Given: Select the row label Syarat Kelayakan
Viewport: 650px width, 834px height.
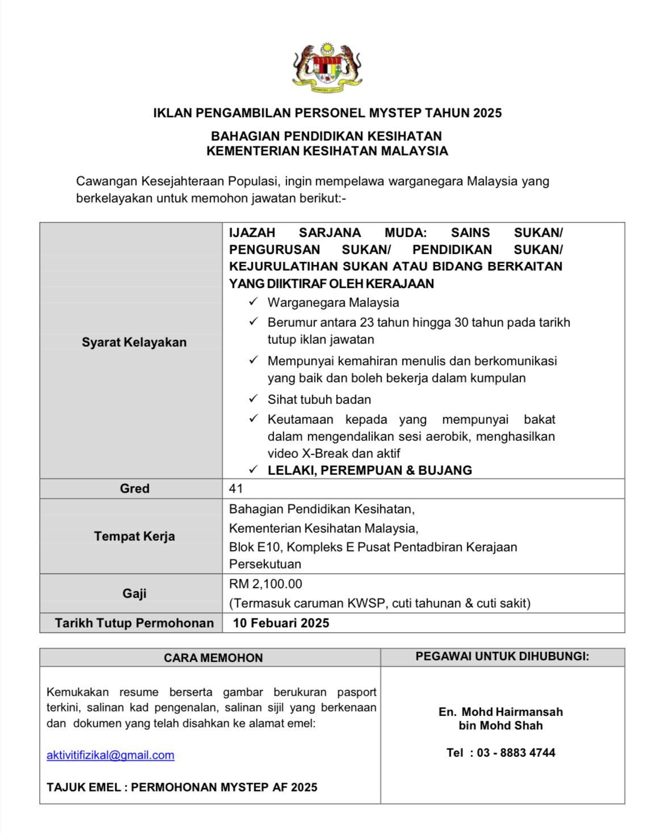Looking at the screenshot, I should click(x=134, y=342).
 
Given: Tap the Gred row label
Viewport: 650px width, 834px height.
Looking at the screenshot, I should click(x=135, y=488).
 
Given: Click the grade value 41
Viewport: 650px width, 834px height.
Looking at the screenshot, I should click(x=236, y=488).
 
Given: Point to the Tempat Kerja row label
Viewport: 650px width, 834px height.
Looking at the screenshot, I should click(x=135, y=536).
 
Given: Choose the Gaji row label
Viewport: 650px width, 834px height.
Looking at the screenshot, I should click(x=135, y=593).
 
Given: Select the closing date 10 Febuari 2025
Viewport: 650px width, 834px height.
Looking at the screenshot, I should click(x=281, y=623).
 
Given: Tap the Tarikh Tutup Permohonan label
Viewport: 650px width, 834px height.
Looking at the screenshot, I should click(x=135, y=623).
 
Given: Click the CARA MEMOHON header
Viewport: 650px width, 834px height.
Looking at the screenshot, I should click(x=213, y=658).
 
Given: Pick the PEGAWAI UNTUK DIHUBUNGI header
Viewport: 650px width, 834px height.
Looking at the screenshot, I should click(x=502, y=656).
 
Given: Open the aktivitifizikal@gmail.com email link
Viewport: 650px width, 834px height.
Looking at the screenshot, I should click(x=111, y=755).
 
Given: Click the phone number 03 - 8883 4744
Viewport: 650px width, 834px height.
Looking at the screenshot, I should click(x=516, y=753).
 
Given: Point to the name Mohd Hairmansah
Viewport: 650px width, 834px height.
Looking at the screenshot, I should click(x=511, y=711).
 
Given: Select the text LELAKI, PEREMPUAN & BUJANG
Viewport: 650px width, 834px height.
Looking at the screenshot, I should click(x=370, y=470).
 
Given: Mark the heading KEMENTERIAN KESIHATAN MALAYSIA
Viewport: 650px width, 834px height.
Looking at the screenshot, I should click(x=327, y=151).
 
